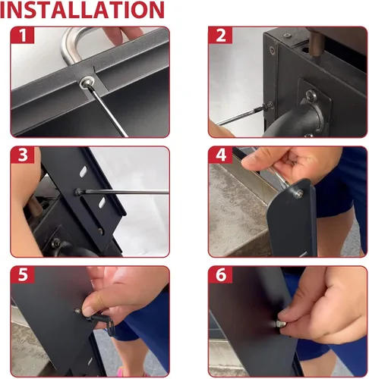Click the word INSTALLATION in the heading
coord(83,10)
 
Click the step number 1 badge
coord(22,35)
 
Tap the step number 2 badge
coord(220,35)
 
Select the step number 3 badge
coord(22,155)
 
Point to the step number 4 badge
coord(220,155)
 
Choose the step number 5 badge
coord(22,274)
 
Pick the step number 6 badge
coord(220,274)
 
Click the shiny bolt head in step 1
coord(87,82)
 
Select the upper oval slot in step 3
coord(83,171)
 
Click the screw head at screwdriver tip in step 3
coord(78,192)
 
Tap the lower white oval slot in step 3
coord(102,202)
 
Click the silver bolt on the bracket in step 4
coord(298,194)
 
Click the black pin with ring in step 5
coord(101,321)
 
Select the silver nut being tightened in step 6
coord(280,324)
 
